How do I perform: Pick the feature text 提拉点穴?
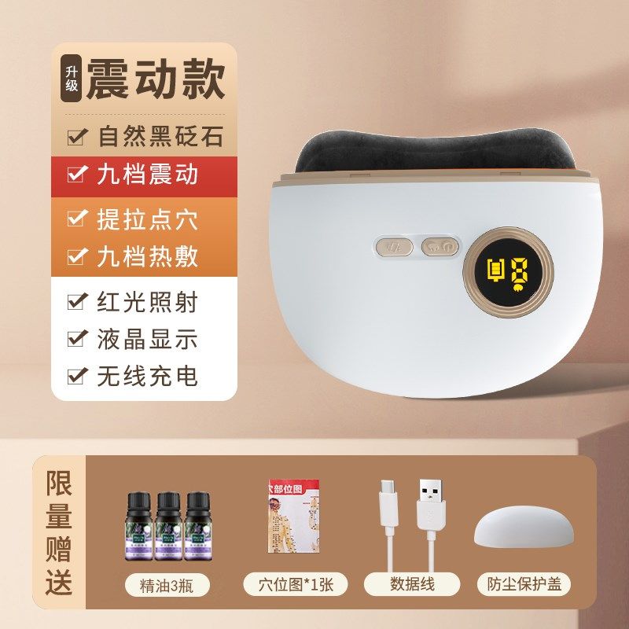click(147, 219)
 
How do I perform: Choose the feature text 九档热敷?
click(147, 256)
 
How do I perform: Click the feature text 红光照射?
click(147, 302)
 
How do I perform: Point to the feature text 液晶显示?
click(147, 339)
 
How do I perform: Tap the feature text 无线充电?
click(147, 376)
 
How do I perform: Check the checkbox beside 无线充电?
click(78, 376)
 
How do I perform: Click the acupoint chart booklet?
click(294, 520)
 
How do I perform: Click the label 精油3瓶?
click(166, 584)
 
